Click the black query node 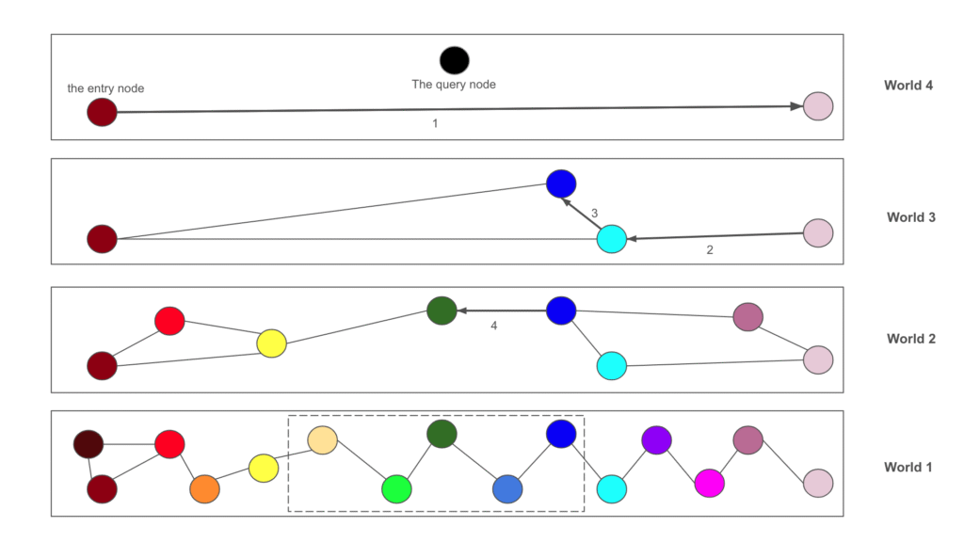[454, 60]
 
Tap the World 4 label [908, 86]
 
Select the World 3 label [911, 217]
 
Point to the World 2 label [911, 339]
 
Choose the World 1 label [908, 467]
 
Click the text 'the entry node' [105, 88]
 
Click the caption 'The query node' [454, 85]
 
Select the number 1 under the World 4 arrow [435, 123]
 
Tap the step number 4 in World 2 [493, 327]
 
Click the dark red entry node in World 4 [102, 113]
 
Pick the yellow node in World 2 [271, 343]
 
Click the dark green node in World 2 [442, 311]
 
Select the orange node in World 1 [204, 489]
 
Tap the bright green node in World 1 [396, 489]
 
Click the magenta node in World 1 [709, 483]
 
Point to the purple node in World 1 [656, 439]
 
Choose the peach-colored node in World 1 [323, 439]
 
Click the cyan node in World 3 [612, 239]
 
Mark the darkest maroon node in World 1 [88, 443]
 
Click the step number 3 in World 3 [594, 214]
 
